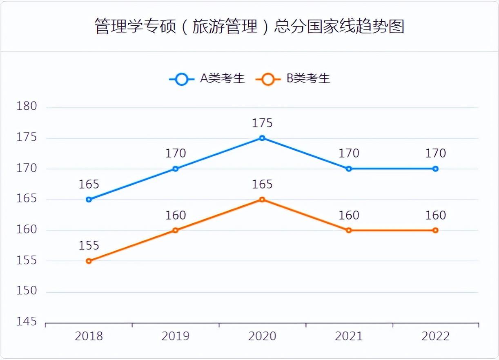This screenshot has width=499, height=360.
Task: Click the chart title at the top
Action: (249, 26)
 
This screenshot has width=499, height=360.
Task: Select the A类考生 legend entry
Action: (207, 79)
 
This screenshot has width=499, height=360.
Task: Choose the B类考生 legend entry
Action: (293, 79)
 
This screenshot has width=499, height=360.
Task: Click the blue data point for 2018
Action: (89, 200)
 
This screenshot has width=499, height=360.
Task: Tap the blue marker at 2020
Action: (262, 138)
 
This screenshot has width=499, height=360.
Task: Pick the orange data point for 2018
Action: (89, 261)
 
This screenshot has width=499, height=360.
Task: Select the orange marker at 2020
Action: (262, 200)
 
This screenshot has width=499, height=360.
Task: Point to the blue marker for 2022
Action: (435, 169)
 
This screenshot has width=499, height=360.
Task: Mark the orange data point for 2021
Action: (349, 230)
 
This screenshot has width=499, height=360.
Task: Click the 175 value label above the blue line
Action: (262, 123)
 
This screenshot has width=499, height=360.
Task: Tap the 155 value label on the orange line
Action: (89, 246)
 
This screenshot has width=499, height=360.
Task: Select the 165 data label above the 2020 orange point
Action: (262, 184)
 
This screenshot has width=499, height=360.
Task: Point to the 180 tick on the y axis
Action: (27, 107)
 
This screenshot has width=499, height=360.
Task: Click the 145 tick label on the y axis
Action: (27, 322)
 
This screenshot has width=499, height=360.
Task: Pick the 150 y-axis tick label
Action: (27, 291)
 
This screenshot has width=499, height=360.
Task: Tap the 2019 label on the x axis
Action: (176, 336)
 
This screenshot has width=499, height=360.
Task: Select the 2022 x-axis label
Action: (435, 336)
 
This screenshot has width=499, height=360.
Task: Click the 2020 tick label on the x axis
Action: (262, 336)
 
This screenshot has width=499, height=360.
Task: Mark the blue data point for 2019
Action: (176, 169)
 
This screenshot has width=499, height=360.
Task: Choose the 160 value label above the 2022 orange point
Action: (435, 215)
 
